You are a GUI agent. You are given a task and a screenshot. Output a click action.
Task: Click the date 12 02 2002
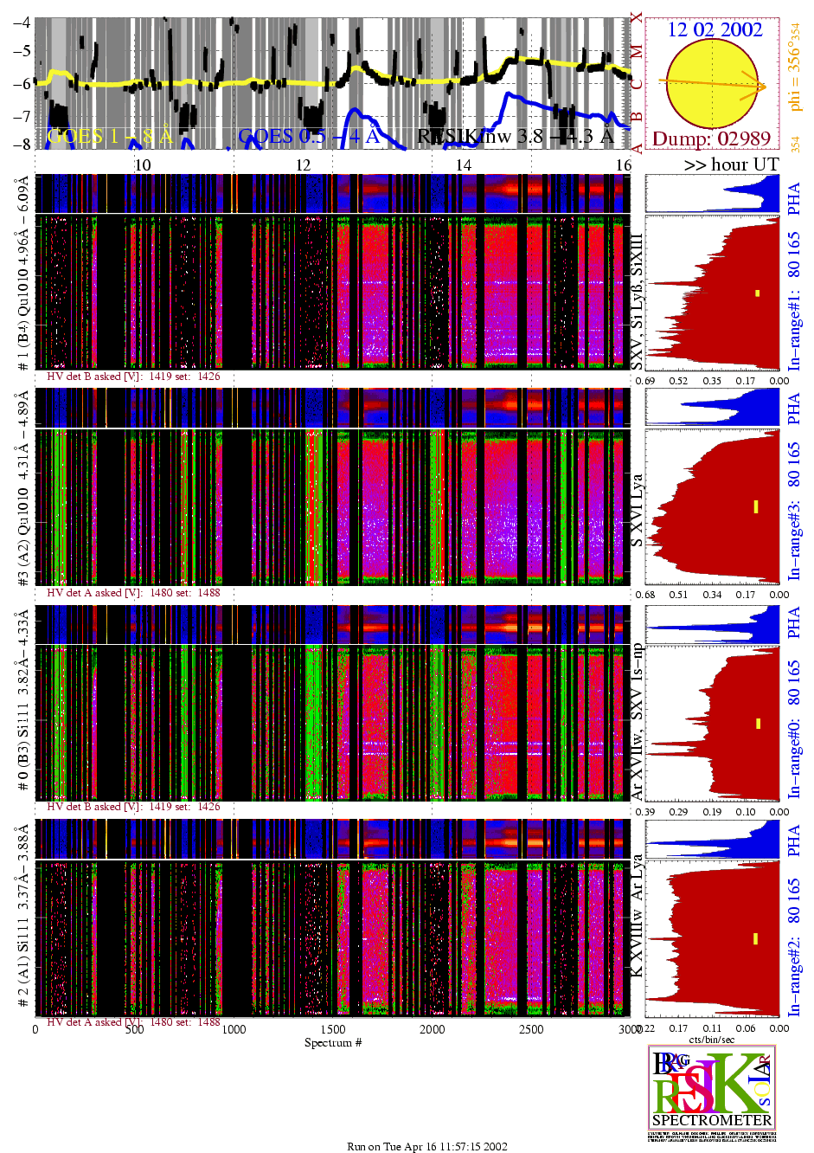click(715, 29)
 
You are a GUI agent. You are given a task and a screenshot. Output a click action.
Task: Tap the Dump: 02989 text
click(711, 138)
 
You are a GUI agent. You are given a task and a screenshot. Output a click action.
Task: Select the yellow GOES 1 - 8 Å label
click(110, 136)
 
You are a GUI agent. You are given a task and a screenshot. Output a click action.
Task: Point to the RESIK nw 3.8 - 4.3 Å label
click(515, 136)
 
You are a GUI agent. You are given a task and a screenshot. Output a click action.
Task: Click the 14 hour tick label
click(464, 165)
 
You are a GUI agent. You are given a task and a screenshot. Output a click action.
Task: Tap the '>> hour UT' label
click(731, 164)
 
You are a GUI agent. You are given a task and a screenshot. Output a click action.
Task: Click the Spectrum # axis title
click(333, 1042)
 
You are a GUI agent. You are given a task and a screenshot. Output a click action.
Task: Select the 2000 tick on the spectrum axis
click(433, 1029)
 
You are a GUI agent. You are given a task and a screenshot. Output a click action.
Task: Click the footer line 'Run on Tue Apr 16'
click(427, 1146)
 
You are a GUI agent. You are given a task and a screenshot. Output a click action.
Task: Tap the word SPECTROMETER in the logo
click(711, 1120)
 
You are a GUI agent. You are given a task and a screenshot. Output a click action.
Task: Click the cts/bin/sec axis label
click(712, 1039)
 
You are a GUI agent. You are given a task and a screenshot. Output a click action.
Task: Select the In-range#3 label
click(794, 541)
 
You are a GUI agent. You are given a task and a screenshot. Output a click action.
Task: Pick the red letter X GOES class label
click(638, 17)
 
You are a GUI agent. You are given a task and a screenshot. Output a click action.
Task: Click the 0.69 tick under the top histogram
click(645, 380)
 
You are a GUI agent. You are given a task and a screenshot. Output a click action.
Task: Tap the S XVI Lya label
click(637, 510)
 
